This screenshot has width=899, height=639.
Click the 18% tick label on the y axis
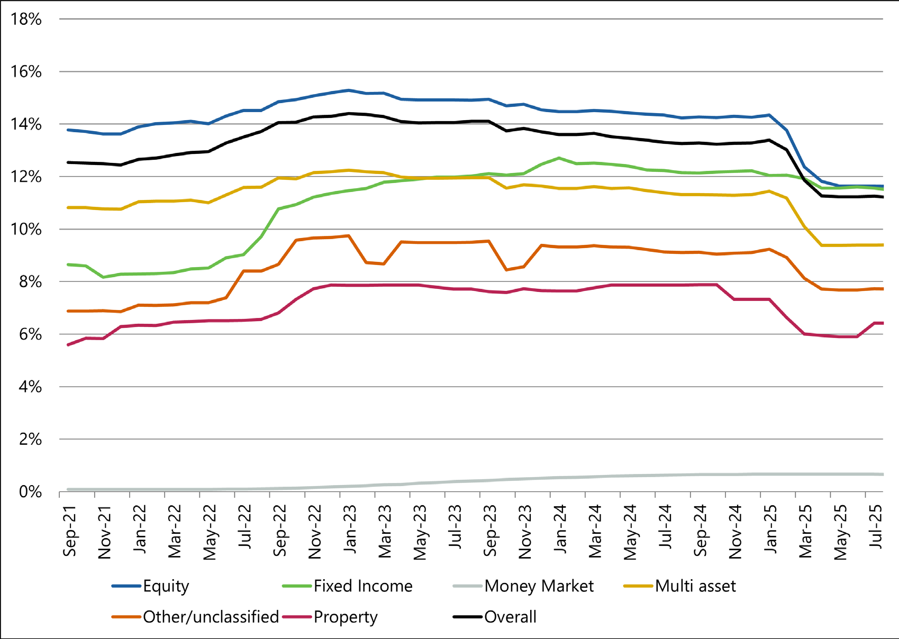tap(26, 20)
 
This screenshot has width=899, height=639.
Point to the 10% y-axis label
tap(26, 230)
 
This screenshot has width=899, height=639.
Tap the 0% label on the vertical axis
tap(30, 492)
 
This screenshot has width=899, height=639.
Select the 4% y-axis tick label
tap(30, 387)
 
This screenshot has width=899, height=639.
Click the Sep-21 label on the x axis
tap(70, 531)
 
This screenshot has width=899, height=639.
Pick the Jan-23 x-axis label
tap(350, 529)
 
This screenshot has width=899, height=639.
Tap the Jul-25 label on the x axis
tap(876, 527)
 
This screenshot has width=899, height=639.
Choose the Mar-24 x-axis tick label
tap(595, 531)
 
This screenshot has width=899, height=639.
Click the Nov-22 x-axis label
tap(315, 531)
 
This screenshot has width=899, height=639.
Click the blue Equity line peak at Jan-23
tap(349, 90)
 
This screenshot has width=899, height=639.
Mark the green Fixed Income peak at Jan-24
tap(559, 158)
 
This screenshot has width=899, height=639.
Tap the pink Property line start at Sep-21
tap(68, 345)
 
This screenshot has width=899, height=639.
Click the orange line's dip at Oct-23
tap(506, 270)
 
